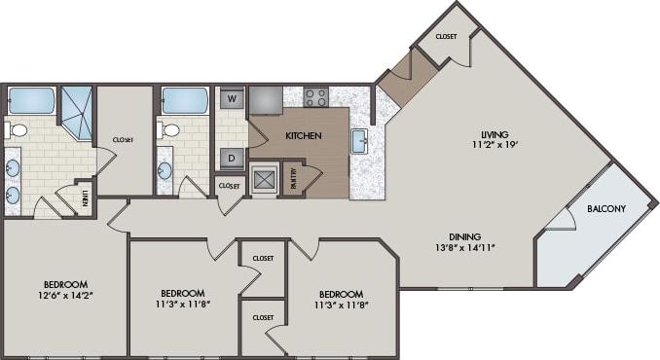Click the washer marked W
pyautogui.click(x=232, y=98)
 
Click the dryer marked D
pyautogui.click(x=232, y=158)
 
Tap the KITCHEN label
pyautogui.click(x=303, y=136)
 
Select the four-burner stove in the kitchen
pyautogui.click(x=315, y=96)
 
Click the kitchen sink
pyautogui.click(x=359, y=141)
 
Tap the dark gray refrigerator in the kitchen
pyautogui.click(x=266, y=100)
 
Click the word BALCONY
pyautogui.click(x=606, y=209)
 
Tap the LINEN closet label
pyautogui.click(x=85, y=198)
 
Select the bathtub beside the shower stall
pyautogui.click(x=31, y=100)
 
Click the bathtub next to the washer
pyautogui.click(x=185, y=100)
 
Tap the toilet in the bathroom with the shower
pyautogui.click(x=18, y=129)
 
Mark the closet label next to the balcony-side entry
pyautogui.click(x=446, y=36)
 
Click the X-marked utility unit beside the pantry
pyautogui.click(x=263, y=179)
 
